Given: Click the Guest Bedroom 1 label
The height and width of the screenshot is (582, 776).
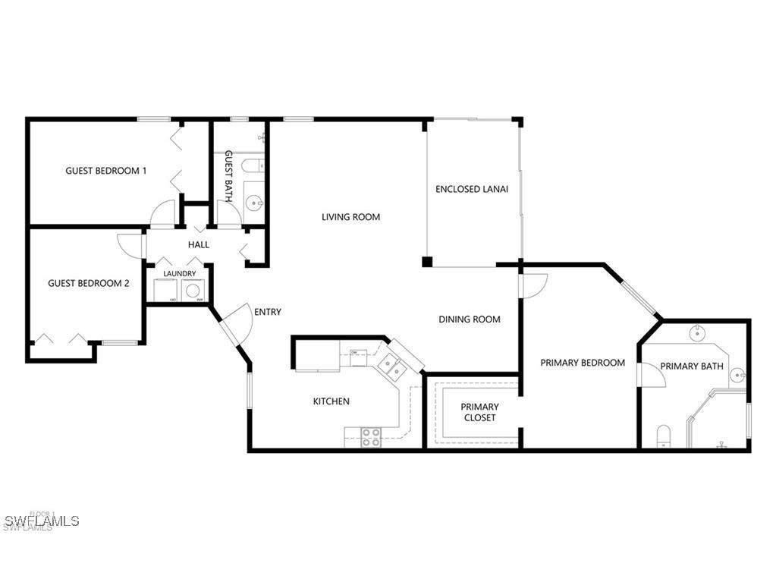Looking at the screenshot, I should click(106, 171).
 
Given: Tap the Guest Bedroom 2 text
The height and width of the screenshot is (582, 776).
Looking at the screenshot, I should click(88, 283).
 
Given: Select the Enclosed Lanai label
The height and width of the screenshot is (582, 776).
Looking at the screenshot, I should click(472, 189).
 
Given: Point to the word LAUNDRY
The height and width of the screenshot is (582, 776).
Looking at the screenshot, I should click(179, 273).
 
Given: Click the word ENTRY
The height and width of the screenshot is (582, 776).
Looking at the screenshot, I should click(268, 312).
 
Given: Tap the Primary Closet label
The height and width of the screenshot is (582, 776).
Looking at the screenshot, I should click(479, 413).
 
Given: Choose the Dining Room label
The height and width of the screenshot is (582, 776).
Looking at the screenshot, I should click(470, 319).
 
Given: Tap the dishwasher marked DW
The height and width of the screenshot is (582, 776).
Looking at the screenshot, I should click(354, 353).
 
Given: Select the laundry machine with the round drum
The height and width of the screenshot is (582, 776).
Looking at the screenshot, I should click(193, 290).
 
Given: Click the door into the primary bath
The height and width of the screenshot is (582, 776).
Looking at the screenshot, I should click(651, 375).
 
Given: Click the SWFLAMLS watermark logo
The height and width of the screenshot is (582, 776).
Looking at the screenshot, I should click(42, 521).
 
